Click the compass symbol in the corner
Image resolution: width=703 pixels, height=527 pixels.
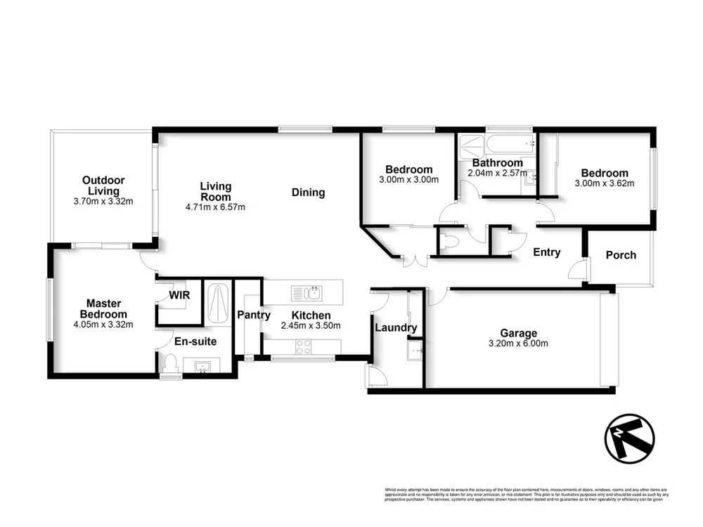tap(629, 438)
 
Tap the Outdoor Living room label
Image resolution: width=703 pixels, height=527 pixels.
tap(103, 186)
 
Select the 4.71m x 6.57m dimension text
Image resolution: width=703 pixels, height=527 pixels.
tap(215, 207)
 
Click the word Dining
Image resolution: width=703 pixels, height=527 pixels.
tap(308, 192)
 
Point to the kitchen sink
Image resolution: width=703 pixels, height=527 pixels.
tap(306, 292)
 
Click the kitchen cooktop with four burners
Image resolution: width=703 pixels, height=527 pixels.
tap(303, 346)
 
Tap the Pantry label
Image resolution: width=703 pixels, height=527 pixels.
tap(253, 315)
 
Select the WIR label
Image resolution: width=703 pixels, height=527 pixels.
tap(179, 295)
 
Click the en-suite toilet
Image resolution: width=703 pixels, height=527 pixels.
tap(169, 363)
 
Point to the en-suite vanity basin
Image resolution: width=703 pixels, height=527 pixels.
tap(202, 365)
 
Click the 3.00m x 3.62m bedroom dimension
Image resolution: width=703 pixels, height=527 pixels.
tap(604, 183)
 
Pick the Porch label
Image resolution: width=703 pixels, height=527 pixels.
tap(621, 255)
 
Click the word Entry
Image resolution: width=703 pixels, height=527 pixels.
tap(546, 252)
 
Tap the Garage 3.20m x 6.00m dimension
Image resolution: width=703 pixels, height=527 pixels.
tap(518, 343)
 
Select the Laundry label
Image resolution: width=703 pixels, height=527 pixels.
tap(395, 327)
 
